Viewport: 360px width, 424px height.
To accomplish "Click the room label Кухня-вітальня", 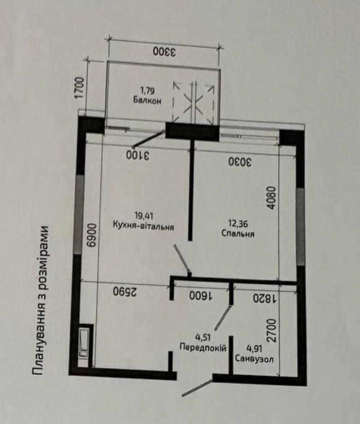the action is click(143, 226).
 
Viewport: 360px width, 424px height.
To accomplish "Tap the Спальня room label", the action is click(238, 234).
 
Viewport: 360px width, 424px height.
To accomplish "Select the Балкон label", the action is click(147, 101).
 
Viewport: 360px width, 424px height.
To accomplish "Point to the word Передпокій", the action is click(203, 347).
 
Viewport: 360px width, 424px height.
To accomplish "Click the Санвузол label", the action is click(254, 359).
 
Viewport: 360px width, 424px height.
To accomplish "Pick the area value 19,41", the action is click(144, 216).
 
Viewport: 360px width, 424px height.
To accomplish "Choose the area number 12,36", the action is click(238, 224).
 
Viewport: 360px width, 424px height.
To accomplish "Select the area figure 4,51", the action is click(202, 337).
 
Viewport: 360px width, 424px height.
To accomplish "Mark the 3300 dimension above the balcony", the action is click(164, 52).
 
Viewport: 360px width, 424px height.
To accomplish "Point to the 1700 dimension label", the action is click(79, 88).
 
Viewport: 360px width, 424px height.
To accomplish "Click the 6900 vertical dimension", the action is click(92, 235).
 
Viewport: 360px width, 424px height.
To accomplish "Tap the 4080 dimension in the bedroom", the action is click(272, 198).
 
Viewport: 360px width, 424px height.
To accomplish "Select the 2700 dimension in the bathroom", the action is click(271, 331).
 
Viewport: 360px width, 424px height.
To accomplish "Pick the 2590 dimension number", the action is click(125, 292).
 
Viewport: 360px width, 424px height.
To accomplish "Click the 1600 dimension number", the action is click(201, 295).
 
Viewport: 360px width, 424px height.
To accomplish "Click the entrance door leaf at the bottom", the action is click(197, 388).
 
